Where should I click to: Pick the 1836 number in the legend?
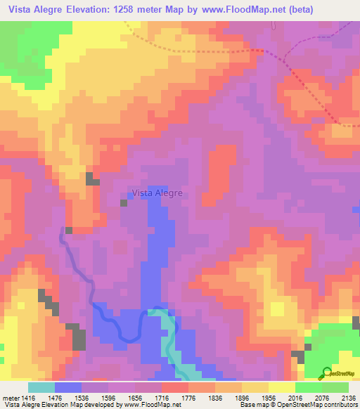click(229, 396)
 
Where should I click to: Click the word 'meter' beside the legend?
click(11, 396)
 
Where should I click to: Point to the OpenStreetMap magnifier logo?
click(326, 372)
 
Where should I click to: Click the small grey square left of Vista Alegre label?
click(124, 203)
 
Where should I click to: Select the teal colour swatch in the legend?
click(41, 387)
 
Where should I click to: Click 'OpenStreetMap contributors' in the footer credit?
click(320, 405)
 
